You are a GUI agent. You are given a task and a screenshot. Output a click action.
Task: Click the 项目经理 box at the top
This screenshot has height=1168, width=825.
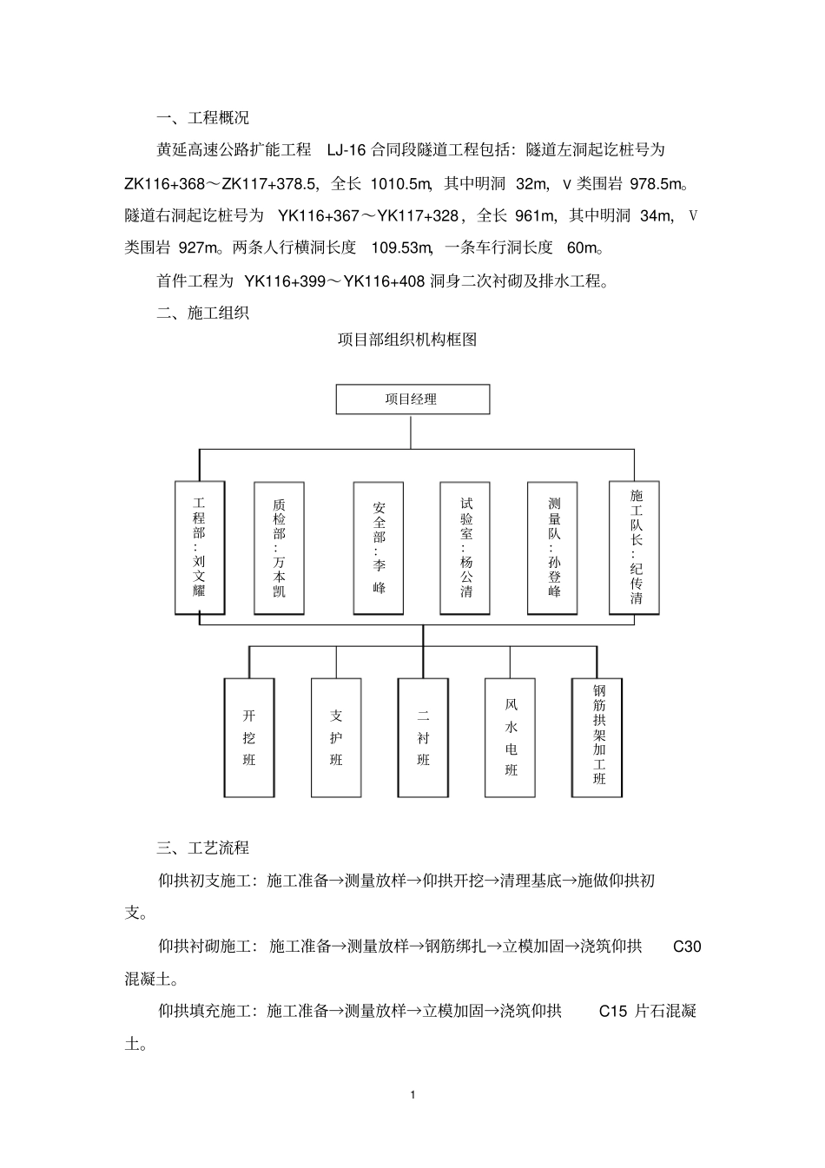(x=412, y=399)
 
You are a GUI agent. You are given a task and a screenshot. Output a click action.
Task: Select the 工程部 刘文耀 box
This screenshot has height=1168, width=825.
(x=200, y=548)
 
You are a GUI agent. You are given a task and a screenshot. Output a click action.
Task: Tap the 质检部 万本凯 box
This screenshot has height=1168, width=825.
(x=279, y=548)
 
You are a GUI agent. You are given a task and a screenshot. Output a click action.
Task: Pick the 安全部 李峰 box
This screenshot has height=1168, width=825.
(x=379, y=548)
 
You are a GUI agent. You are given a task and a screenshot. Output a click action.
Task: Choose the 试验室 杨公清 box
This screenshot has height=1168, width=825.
(x=466, y=548)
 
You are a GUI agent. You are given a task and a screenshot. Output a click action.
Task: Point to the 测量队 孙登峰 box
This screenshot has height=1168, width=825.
(x=553, y=548)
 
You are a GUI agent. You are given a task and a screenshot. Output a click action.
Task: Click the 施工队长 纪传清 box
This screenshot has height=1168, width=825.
(x=635, y=548)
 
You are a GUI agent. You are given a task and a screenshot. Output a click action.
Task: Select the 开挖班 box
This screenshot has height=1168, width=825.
(x=249, y=737)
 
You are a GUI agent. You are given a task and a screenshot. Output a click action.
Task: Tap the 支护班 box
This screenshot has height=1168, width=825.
(x=336, y=737)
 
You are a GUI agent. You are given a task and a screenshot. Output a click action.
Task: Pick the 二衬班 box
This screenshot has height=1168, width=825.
(x=423, y=737)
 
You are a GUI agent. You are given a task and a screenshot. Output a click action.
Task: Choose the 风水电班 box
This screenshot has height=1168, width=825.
(x=511, y=737)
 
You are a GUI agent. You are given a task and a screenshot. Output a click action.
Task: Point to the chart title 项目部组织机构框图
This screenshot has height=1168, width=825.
(x=407, y=340)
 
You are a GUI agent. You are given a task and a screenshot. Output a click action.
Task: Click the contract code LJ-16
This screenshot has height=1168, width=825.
(x=346, y=150)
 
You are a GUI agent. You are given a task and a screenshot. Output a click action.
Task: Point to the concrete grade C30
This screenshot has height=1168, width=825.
(x=687, y=947)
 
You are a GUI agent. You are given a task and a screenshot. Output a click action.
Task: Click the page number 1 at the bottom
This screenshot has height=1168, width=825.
(x=412, y=1095)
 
